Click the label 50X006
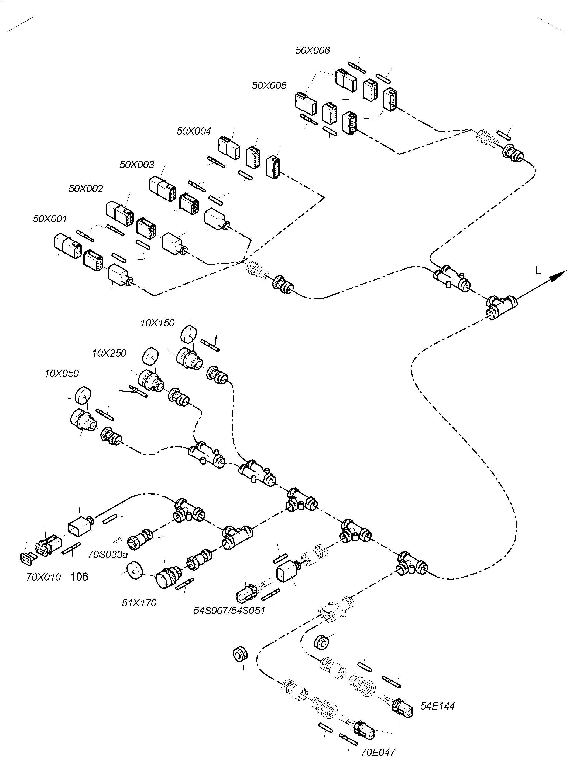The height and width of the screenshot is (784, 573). pyautogui.click(x=312, y=51)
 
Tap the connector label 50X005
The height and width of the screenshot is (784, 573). pyautogui.click(x=269, y=86)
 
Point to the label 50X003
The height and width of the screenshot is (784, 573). pyautogui.click(x=137, y=165)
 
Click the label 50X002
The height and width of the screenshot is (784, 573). pyautogui.click(x=86, y=189)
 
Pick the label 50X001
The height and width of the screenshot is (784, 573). pyautogui.click(x=50, y=219)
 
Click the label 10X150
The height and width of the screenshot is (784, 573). pyautogui.click(x=157, y=323)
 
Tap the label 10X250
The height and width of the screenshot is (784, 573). pyautogui.click(x=109, y=353)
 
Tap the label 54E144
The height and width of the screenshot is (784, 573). pyautogui.click(x=437, y=706)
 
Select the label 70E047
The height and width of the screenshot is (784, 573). pyautogui.click(x=378, y=752)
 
